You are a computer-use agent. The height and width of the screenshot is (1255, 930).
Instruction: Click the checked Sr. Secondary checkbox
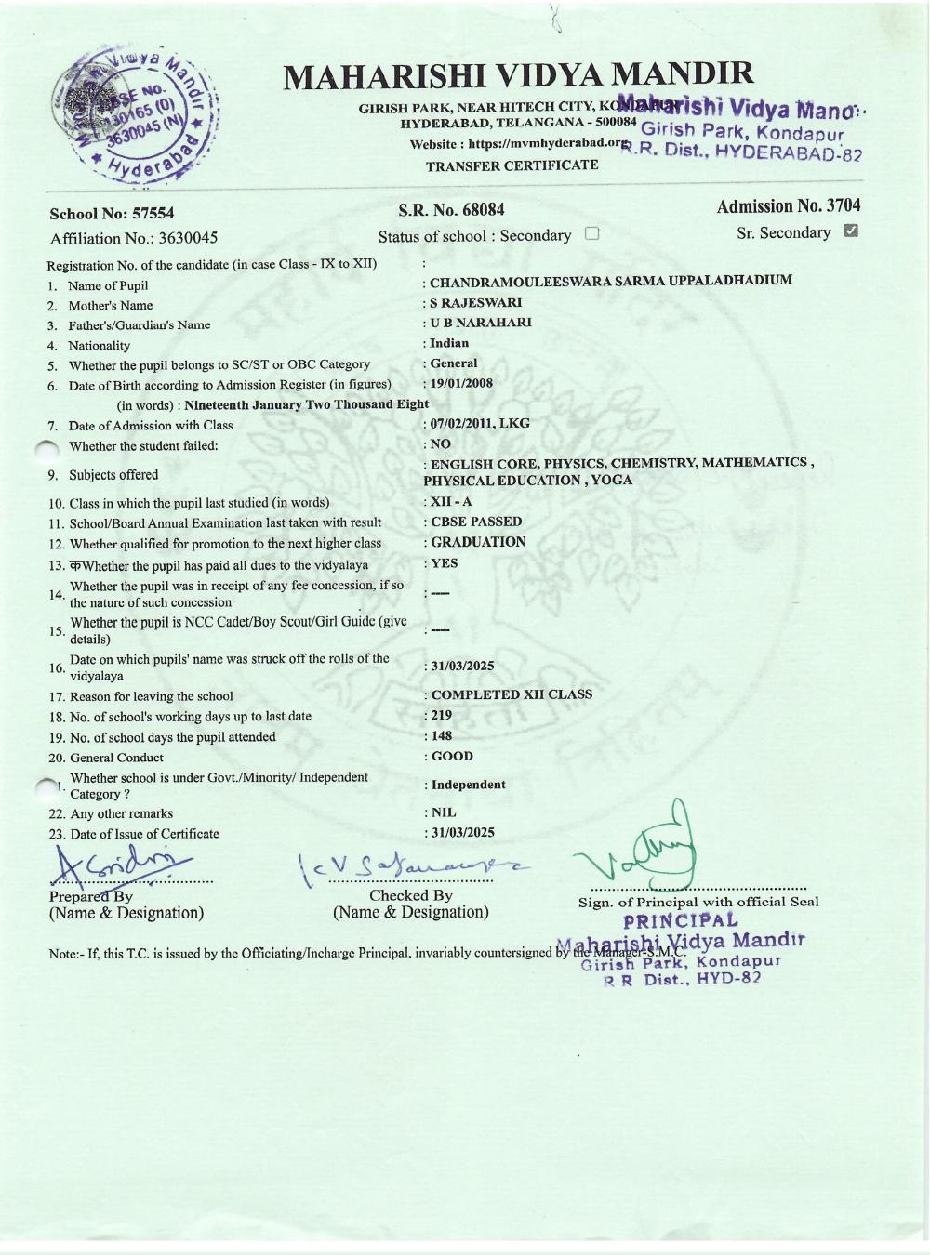[x=850, y=231]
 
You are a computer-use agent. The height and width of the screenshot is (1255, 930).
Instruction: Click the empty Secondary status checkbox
[x=591, y=234]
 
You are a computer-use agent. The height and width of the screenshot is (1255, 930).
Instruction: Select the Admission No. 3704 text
[x=788, y=206]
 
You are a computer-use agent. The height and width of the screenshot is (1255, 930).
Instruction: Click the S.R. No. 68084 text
[x=451, y=210]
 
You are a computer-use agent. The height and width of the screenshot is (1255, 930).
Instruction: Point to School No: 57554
[x=112, y=214]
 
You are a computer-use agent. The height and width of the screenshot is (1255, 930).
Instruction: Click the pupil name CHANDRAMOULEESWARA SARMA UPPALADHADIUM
[x=610, y=280]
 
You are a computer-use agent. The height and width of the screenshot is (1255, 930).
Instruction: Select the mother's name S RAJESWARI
[x=475, y=302]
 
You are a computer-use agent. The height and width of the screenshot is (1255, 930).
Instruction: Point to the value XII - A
[x=451, y=501]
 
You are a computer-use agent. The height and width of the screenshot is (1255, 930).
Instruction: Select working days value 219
[x=441, y=716]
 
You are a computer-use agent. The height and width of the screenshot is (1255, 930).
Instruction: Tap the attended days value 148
[x=441, y=736]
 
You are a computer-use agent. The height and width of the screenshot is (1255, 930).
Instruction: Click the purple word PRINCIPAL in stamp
[x=681, y=921]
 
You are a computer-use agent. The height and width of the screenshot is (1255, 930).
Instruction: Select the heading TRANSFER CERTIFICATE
[x=511, y=165]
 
